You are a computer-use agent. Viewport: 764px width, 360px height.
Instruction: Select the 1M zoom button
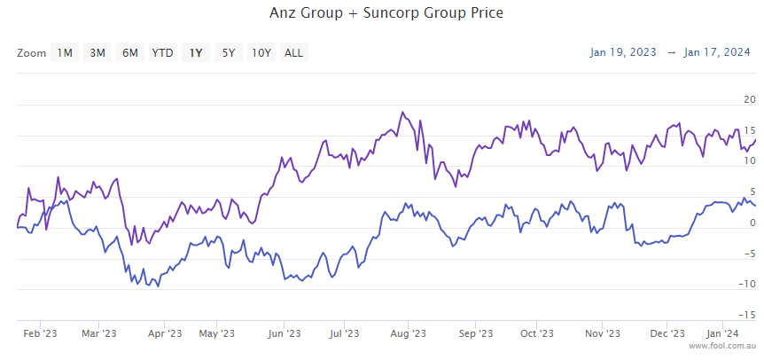(65, 53)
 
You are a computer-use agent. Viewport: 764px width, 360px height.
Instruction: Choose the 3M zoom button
(97, 53)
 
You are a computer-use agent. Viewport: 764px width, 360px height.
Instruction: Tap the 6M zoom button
(130, 53)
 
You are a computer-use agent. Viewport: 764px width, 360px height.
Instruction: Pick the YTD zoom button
(162, 53)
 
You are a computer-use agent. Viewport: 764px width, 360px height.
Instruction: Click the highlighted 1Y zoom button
(196, 53)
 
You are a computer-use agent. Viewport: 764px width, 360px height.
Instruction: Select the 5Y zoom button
(229, 53)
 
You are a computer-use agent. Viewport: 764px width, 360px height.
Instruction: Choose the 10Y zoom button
(261, 53)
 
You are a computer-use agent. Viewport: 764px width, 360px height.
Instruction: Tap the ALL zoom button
(293, 53)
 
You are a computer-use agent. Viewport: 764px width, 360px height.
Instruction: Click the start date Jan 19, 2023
(623, 52)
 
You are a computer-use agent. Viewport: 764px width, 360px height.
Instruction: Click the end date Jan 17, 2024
(717, 52)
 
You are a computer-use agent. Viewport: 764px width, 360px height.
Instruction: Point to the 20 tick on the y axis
(750, 99)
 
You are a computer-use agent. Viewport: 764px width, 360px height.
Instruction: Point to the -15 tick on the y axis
(748, 315)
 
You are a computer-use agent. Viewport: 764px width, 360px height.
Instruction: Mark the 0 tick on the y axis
(752, 223)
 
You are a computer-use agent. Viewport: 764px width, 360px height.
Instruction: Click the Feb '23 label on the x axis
(40, 334)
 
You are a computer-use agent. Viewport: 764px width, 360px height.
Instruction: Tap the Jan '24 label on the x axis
(721, 334)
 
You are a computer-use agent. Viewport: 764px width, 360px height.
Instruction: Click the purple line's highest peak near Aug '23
(402, 113)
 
